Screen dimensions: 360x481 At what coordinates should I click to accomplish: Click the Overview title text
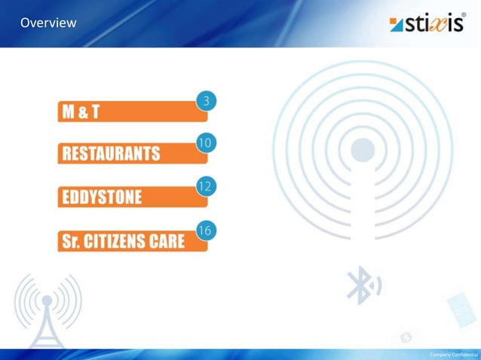click(48, 23)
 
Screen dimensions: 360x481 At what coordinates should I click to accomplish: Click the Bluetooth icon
click(360, 287)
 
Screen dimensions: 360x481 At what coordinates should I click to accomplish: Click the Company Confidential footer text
click(452, 354)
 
